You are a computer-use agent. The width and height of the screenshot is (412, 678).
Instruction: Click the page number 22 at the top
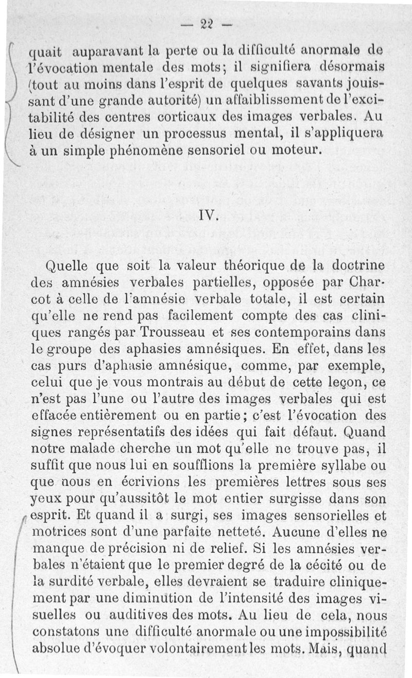tap(207, 24)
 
